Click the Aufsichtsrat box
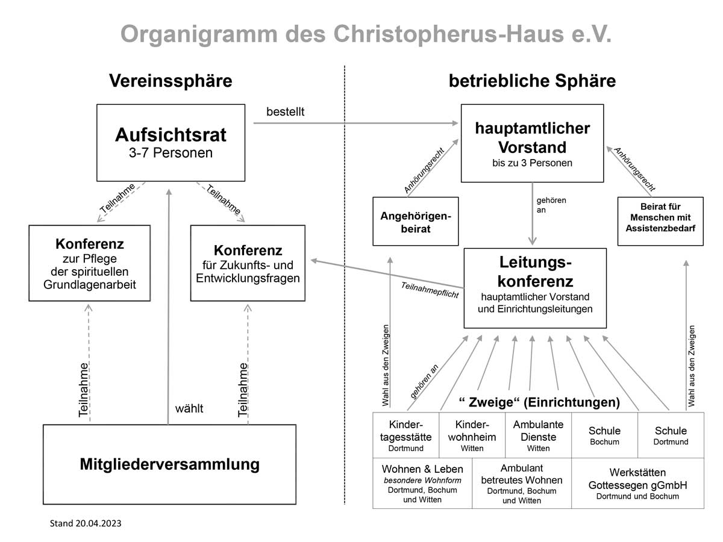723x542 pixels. click(171, 143)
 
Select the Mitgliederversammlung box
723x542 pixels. click(170, 464)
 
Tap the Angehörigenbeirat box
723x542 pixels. click(416, 222)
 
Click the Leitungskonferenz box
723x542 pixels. click(535, 288)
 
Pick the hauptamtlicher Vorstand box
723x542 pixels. click(532, 143)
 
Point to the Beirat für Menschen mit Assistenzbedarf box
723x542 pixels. click(660, 222)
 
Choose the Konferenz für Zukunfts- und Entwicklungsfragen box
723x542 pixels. click(248, 263)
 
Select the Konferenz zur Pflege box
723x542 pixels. click(90, 263)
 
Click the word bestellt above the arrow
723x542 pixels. click(286, 111)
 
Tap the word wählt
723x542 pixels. click(189, 409)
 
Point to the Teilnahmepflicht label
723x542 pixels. click(430, 290)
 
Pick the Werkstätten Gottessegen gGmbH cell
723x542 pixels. click(637, 484)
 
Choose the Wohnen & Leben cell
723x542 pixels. click(422, 484)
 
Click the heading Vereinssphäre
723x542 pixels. click(171, 81)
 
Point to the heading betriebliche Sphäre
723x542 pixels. click(532, 81)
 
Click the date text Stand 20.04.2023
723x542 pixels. click(85, 523)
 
